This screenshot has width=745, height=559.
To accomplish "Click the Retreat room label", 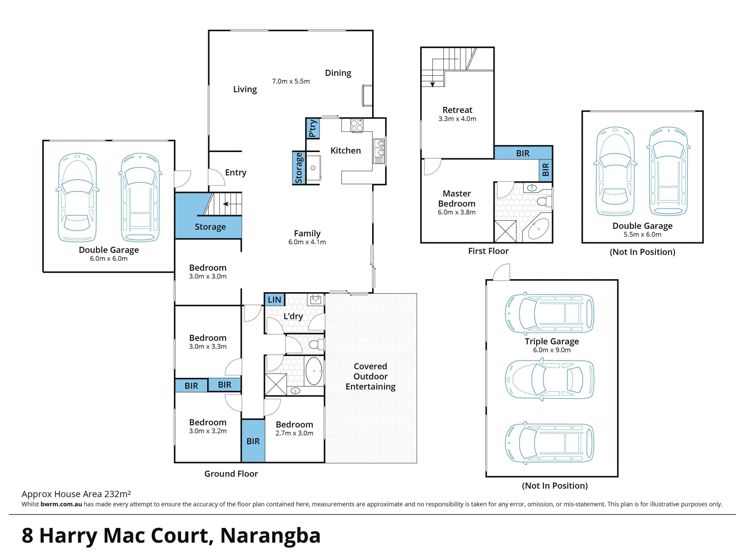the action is click(x=457, y=110).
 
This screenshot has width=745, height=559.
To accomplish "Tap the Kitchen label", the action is click(x=346, y=151).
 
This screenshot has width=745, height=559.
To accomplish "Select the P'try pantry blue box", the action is click(x=313, y=128).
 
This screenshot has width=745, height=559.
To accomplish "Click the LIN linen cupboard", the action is click(x=275, y=300).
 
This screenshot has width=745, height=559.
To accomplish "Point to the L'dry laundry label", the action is click(x=293, y=316).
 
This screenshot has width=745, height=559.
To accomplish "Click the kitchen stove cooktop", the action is click(x=357, y=125).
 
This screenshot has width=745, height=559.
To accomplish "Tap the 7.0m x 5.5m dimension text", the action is click(x=291, y=81).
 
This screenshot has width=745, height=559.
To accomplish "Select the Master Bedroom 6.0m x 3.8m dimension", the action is click(x=457, y=212).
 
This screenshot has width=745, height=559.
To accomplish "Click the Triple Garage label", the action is click(x=552, y=341).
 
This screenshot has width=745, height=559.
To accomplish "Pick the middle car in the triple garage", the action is click(x=549, y=380).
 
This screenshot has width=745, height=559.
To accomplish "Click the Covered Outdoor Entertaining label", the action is click(x=371, y=376).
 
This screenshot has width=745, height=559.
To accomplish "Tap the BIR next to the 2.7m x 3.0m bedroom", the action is click(x=253, y=441).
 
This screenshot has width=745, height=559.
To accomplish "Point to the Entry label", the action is click(x=236, y=173).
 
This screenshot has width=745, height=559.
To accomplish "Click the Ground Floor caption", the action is click(x=231, y=474).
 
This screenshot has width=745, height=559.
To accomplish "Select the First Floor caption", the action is click(x=488, y=251).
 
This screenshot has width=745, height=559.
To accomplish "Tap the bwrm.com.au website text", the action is click(x=61, y=504).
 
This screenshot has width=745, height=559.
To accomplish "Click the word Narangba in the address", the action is click(x=270, y=536).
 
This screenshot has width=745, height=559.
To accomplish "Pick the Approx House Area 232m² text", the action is click(x=76, y=494).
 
